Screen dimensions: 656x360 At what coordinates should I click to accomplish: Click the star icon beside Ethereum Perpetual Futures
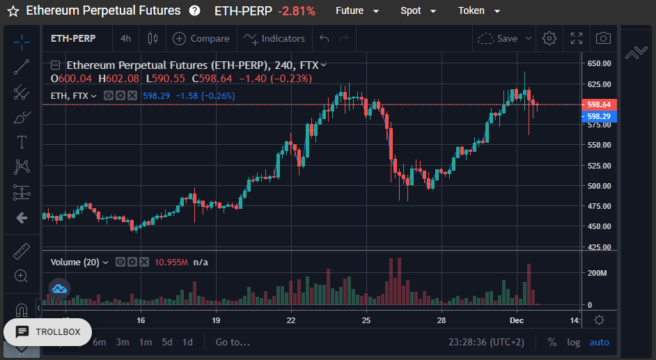pyautogui.click(x=13, y=11)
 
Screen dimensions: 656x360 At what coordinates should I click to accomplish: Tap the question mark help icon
pyautogui.click(x=194, y=10)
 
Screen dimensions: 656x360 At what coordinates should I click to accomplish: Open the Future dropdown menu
pyautogui.click(x=357, y=11)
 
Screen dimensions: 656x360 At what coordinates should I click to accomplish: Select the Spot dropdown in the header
pyautogui.click(x=418, y=11)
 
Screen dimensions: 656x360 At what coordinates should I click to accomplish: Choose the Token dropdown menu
pyautogui.click(x=479, y=11)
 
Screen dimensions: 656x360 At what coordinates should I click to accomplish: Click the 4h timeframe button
pyautogui.click(x=125, y=38)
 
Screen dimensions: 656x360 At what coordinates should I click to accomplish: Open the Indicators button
pyautogui.click(x=274, y=38)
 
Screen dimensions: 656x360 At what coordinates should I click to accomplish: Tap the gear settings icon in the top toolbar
pyautogui.click(x=549, y=38)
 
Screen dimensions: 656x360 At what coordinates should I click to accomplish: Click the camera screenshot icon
pyautogui.click(x=603, y=38)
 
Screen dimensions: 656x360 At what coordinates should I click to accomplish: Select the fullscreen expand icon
pyautogui.click(x=577, y=38)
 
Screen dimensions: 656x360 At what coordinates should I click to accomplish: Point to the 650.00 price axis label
pyautogui.click(x=599, y=63)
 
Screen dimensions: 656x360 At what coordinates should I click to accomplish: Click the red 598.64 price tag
pyautogui.click(x=599, y=104)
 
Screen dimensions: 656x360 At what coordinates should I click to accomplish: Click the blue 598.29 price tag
pyautogui.click(x=599, y=116)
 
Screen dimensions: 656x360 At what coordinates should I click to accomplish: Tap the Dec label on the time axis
pyautogui.click(x=517, y=320)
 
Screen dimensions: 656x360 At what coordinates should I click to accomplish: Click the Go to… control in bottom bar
pyautogui.click(x=233, y=342)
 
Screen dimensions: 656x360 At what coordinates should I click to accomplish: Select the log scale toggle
pyautogui.click(x=573, y=343)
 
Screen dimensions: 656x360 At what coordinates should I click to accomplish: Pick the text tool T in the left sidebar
pyautogui.click(x=22, y=142)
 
